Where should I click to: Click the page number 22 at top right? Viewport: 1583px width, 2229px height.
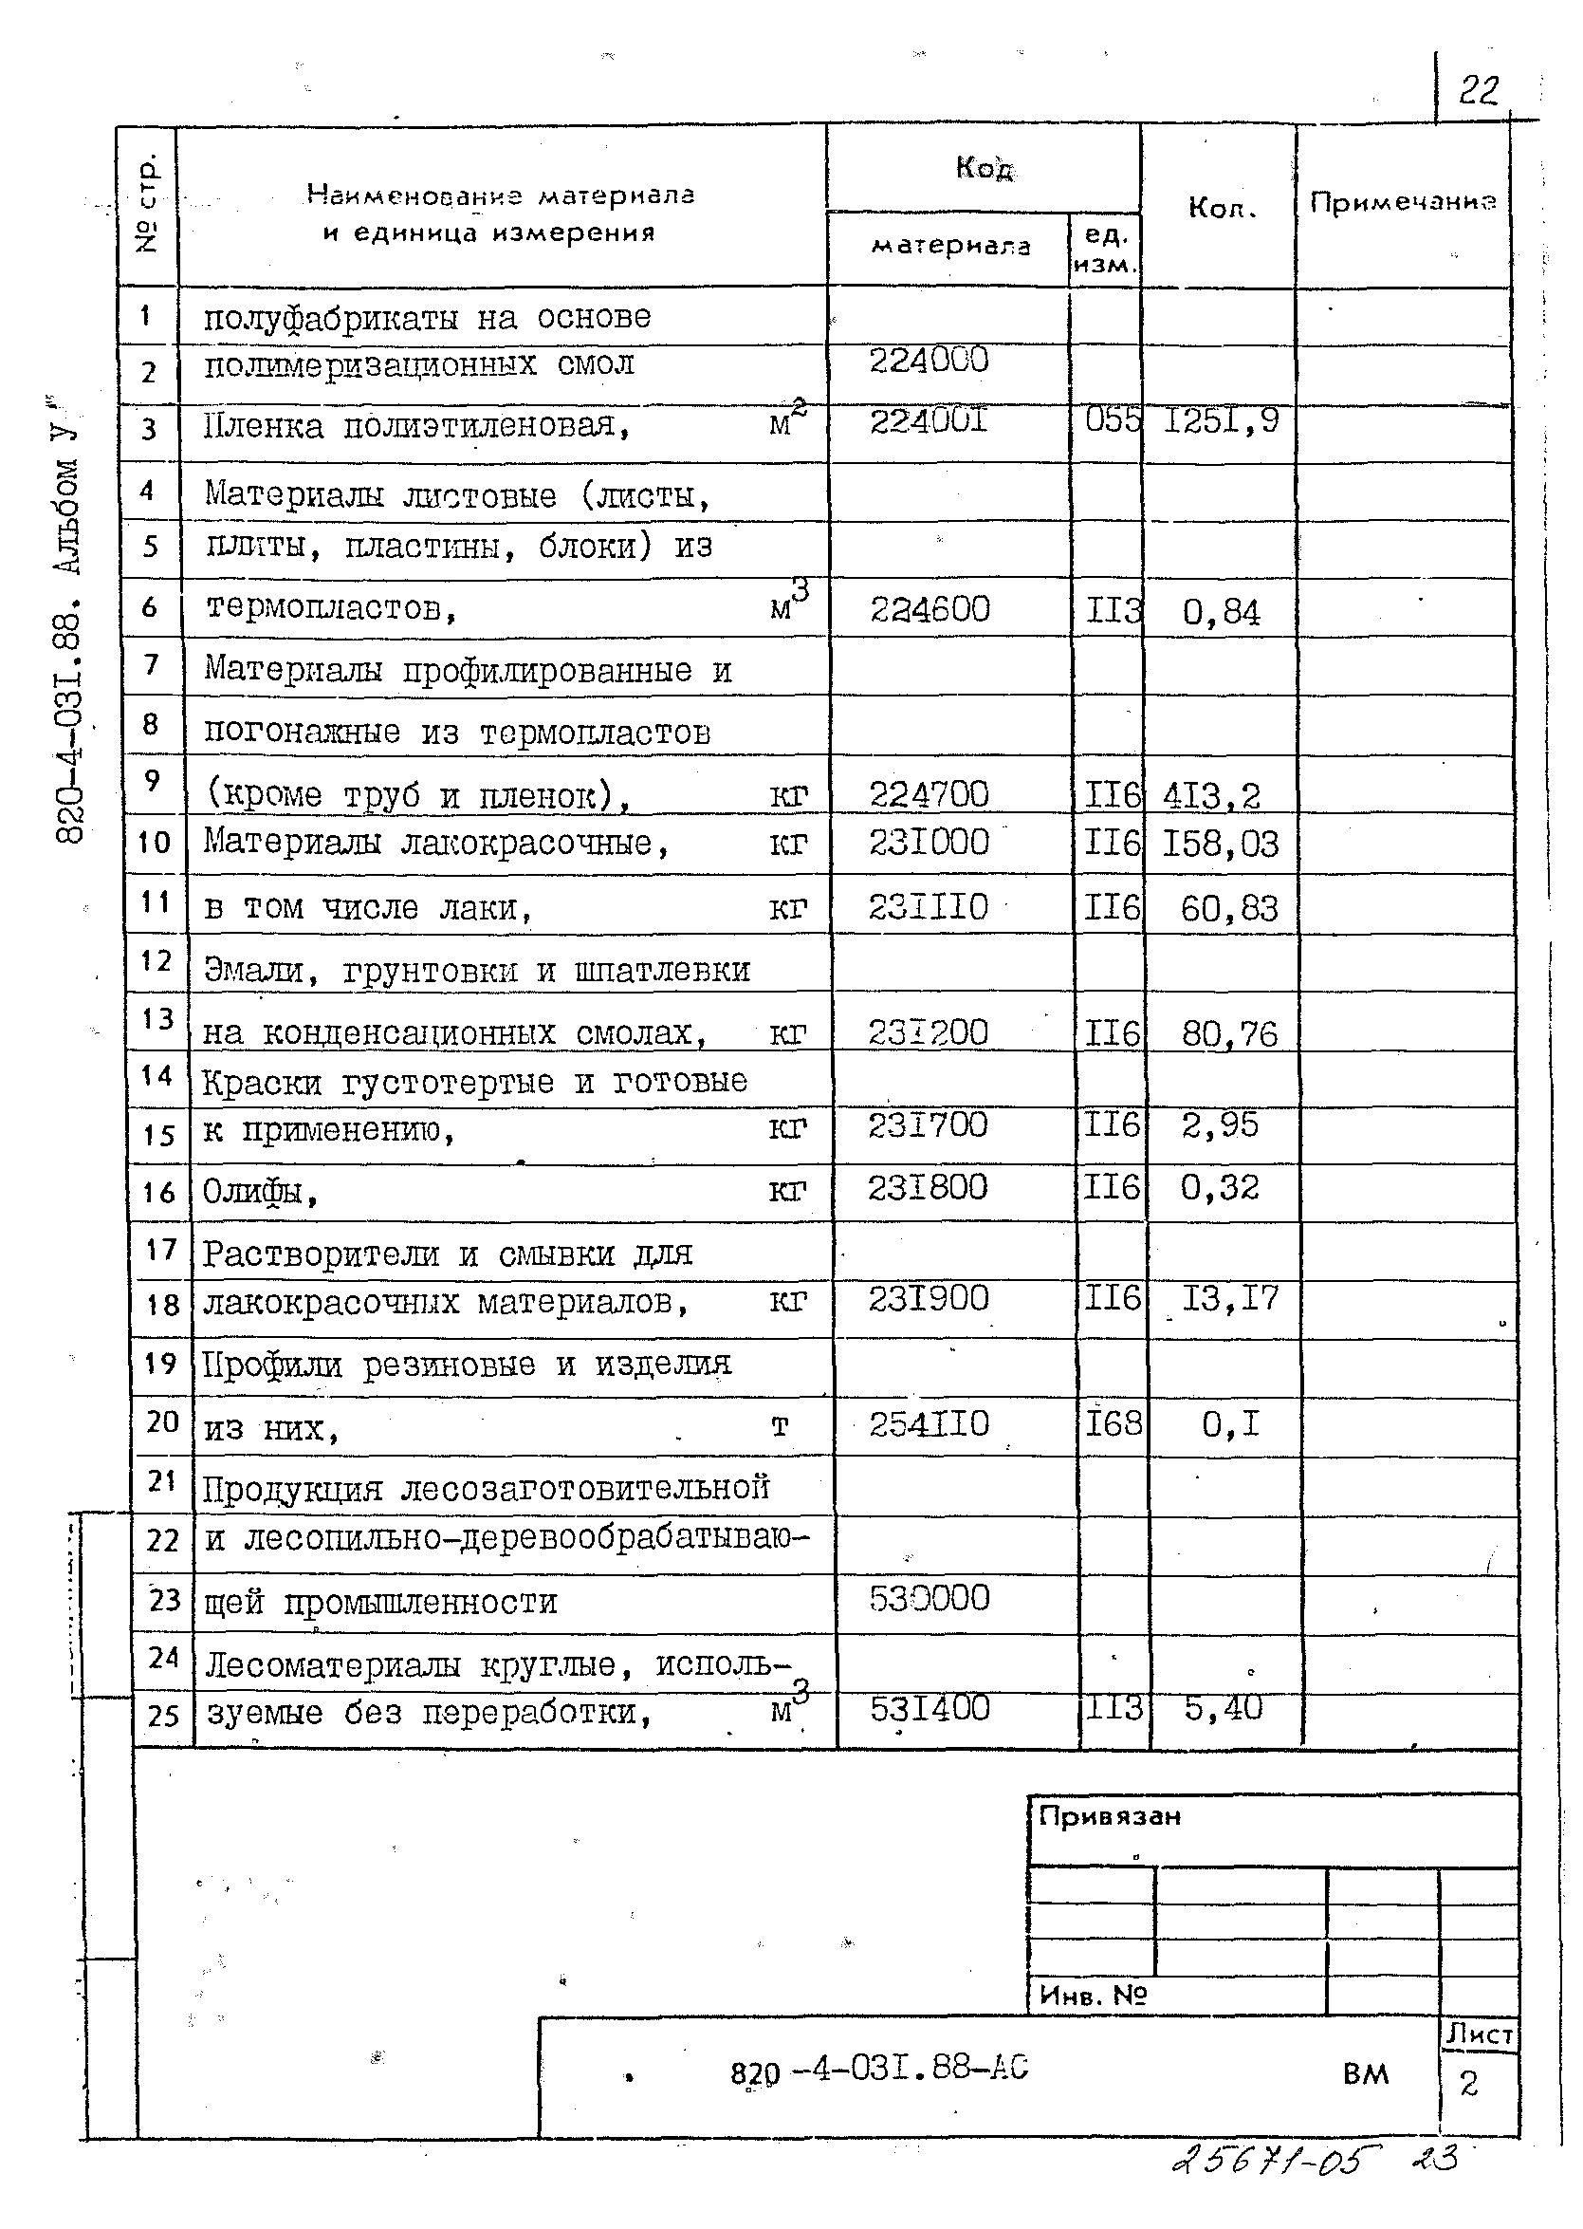[1478, 92]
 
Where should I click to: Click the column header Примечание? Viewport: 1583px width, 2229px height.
[1402, 203]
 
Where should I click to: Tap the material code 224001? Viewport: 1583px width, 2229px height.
[928, 420]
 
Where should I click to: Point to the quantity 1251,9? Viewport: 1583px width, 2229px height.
[1222, 421]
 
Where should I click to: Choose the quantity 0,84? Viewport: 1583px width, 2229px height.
[1221, 612]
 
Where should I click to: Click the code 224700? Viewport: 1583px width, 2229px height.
[928, 794]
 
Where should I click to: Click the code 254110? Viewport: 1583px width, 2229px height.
[928, 1424]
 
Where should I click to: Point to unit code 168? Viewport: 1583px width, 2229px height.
[1114, 1424]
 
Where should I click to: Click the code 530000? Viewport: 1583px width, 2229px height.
[928, 1598]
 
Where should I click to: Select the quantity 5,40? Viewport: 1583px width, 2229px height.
[1223, 1707]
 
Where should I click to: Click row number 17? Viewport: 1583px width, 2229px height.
[161, 1250]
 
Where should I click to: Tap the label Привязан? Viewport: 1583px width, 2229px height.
[1110, 1816]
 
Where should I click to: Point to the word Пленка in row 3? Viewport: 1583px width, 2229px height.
[262, 427]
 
